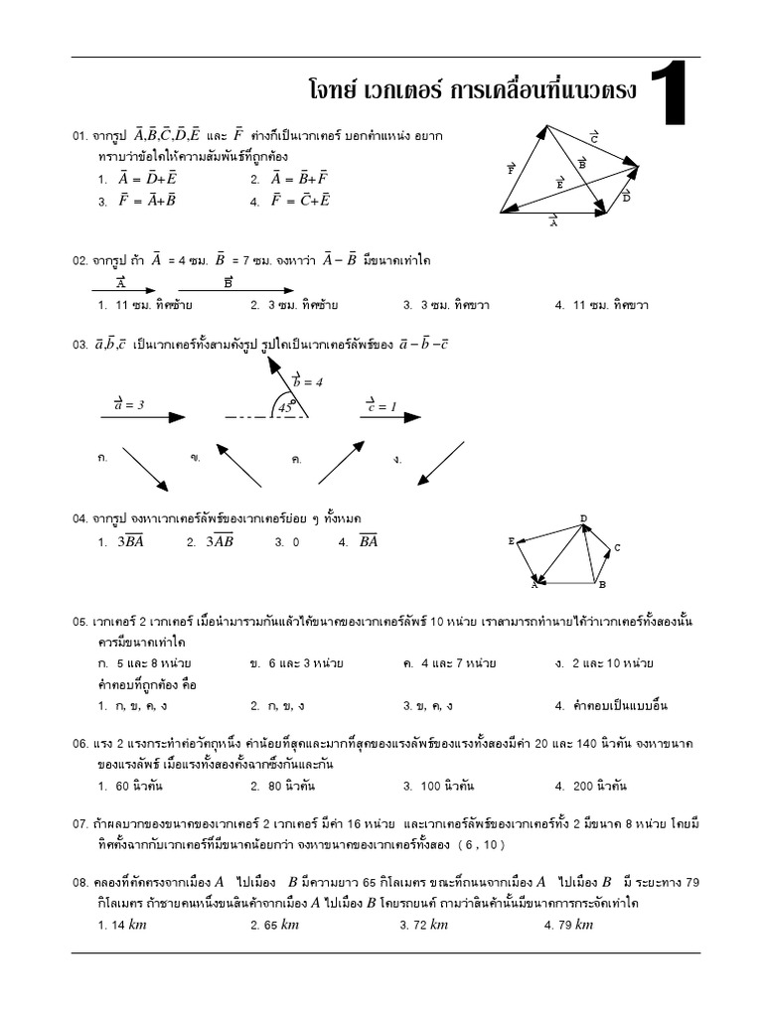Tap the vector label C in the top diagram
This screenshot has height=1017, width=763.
594,137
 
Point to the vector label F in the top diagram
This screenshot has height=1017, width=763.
512,169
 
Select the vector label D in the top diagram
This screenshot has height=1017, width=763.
627,197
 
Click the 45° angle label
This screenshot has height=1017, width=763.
286,406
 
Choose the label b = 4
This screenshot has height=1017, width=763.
307,380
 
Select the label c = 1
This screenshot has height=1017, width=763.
381,405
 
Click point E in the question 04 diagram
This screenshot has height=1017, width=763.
512,541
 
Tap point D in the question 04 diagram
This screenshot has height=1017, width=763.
584,517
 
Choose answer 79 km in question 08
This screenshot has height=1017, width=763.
568,925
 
